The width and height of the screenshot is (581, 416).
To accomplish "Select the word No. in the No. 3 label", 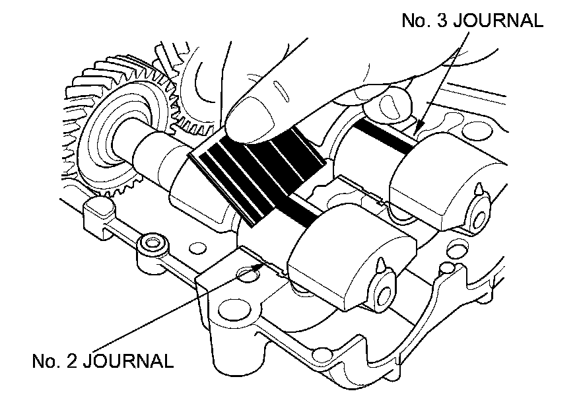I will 414,20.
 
